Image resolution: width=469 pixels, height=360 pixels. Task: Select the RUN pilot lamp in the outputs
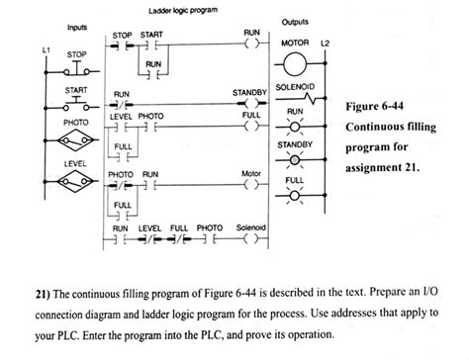(295, 130)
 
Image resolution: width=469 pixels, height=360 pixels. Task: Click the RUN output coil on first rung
(251, 45)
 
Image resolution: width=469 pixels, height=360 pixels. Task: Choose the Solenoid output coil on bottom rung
(251, 239)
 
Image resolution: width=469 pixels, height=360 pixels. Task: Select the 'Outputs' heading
(296, 23)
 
